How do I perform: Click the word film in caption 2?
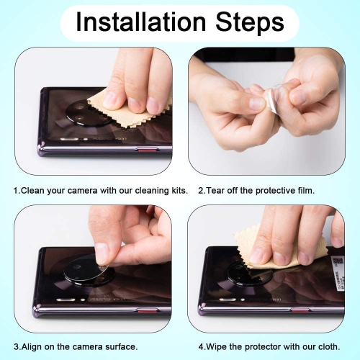[305, 191]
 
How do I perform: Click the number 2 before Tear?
[200, 191]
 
